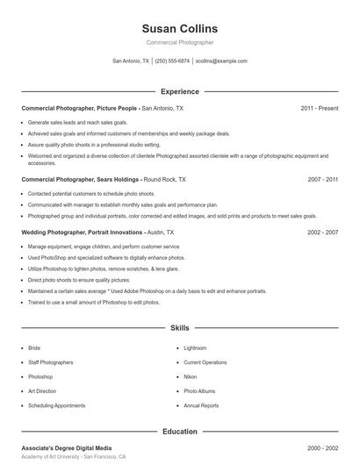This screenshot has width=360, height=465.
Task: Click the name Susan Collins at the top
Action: (179, 28)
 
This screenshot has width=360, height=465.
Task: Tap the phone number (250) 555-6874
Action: (172, 61)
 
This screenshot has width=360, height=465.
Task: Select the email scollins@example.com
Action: (221, 61)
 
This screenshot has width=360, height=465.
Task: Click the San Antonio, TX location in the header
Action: (131, 61)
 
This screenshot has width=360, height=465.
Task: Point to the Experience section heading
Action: (179, 91)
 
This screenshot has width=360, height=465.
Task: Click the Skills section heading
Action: (179, 327)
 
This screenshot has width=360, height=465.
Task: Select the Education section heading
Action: (179, 432)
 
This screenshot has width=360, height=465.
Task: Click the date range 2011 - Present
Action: (319, 108)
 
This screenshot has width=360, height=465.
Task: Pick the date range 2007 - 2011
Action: (322, 179)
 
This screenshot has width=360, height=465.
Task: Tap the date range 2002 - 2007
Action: (322, 232)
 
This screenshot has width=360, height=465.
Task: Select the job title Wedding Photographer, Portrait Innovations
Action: (82, 232)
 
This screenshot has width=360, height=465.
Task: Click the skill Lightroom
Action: (195, 348)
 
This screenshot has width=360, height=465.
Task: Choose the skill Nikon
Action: (191, 377)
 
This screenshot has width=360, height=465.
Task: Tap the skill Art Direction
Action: (42, 391)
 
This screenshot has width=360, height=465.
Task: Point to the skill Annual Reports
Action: (201, 406)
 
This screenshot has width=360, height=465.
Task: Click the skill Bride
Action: (34, 348)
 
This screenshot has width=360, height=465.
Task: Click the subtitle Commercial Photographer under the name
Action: (179, 42)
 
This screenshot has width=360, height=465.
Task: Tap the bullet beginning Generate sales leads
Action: (77, 122)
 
